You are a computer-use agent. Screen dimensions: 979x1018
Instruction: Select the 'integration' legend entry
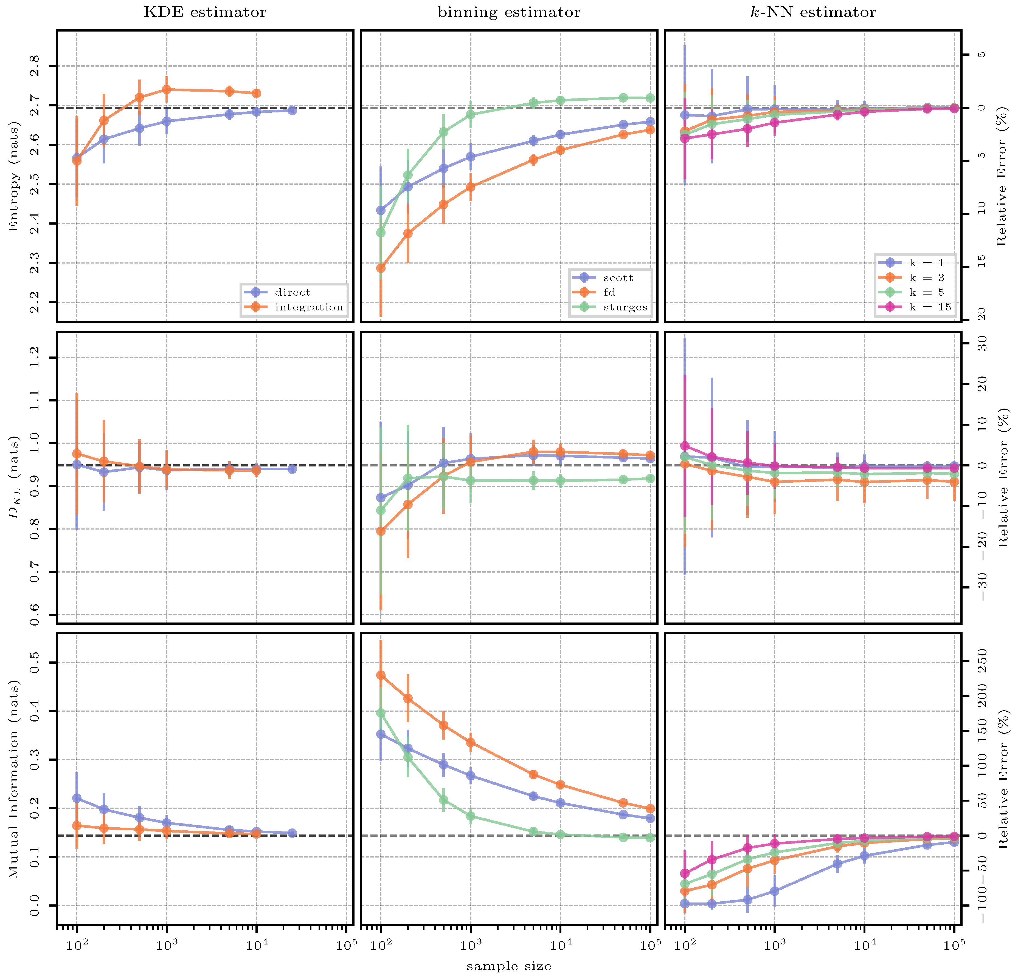[x=308, y=307]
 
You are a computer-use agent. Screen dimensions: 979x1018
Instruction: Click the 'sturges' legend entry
[x=625, y=307]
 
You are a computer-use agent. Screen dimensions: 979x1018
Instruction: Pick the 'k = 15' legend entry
[x=930, y=307]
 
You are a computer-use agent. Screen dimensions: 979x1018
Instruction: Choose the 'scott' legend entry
[x=618, y=278]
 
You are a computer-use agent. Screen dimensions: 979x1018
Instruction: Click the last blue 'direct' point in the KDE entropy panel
[x=292, y=110]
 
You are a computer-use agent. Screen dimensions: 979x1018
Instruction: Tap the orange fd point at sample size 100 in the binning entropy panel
[x=381, y=268]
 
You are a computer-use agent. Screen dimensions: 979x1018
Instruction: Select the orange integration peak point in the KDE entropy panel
[x=167, y=89]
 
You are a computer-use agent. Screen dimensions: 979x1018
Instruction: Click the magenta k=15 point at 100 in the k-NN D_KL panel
[x=685, y=445]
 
